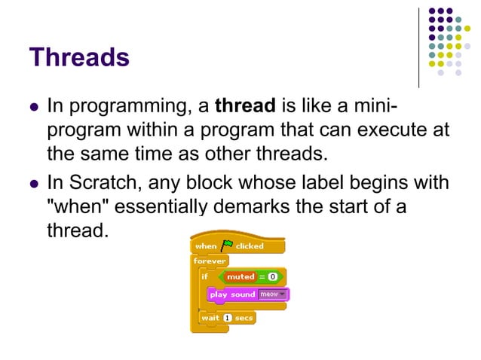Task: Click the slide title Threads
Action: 79,57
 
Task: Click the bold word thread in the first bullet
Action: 247,105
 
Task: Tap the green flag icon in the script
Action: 226,246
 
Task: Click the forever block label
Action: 209,261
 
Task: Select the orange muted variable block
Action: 240,276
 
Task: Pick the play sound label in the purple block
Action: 232,294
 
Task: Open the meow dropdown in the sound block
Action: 272,294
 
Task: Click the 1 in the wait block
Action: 226,318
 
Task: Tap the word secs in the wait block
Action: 244,318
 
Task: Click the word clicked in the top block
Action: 250,246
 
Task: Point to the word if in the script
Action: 204,276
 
